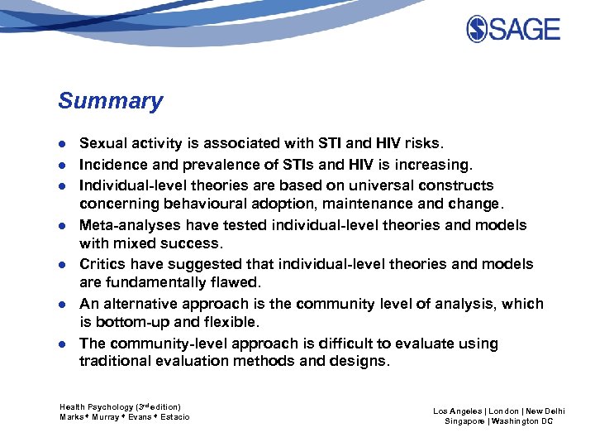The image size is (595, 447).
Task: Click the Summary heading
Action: point(110,102)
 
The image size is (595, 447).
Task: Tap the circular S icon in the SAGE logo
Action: point(477,30)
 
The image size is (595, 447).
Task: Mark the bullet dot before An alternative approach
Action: point(62,305)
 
